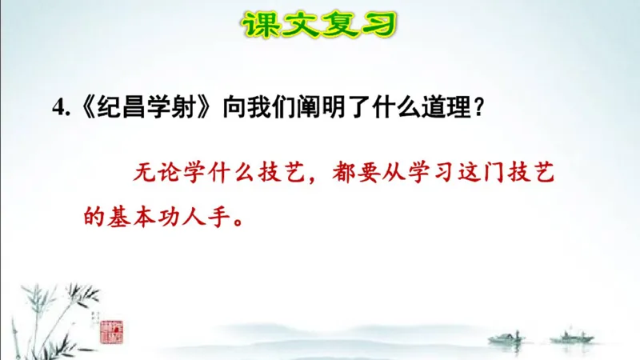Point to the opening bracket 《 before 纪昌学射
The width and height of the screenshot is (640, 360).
point(80,110)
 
